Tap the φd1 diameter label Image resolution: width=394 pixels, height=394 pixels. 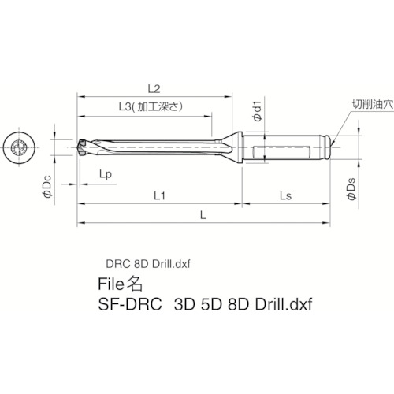(256, 113)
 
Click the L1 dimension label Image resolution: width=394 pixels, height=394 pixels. (158, 193)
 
